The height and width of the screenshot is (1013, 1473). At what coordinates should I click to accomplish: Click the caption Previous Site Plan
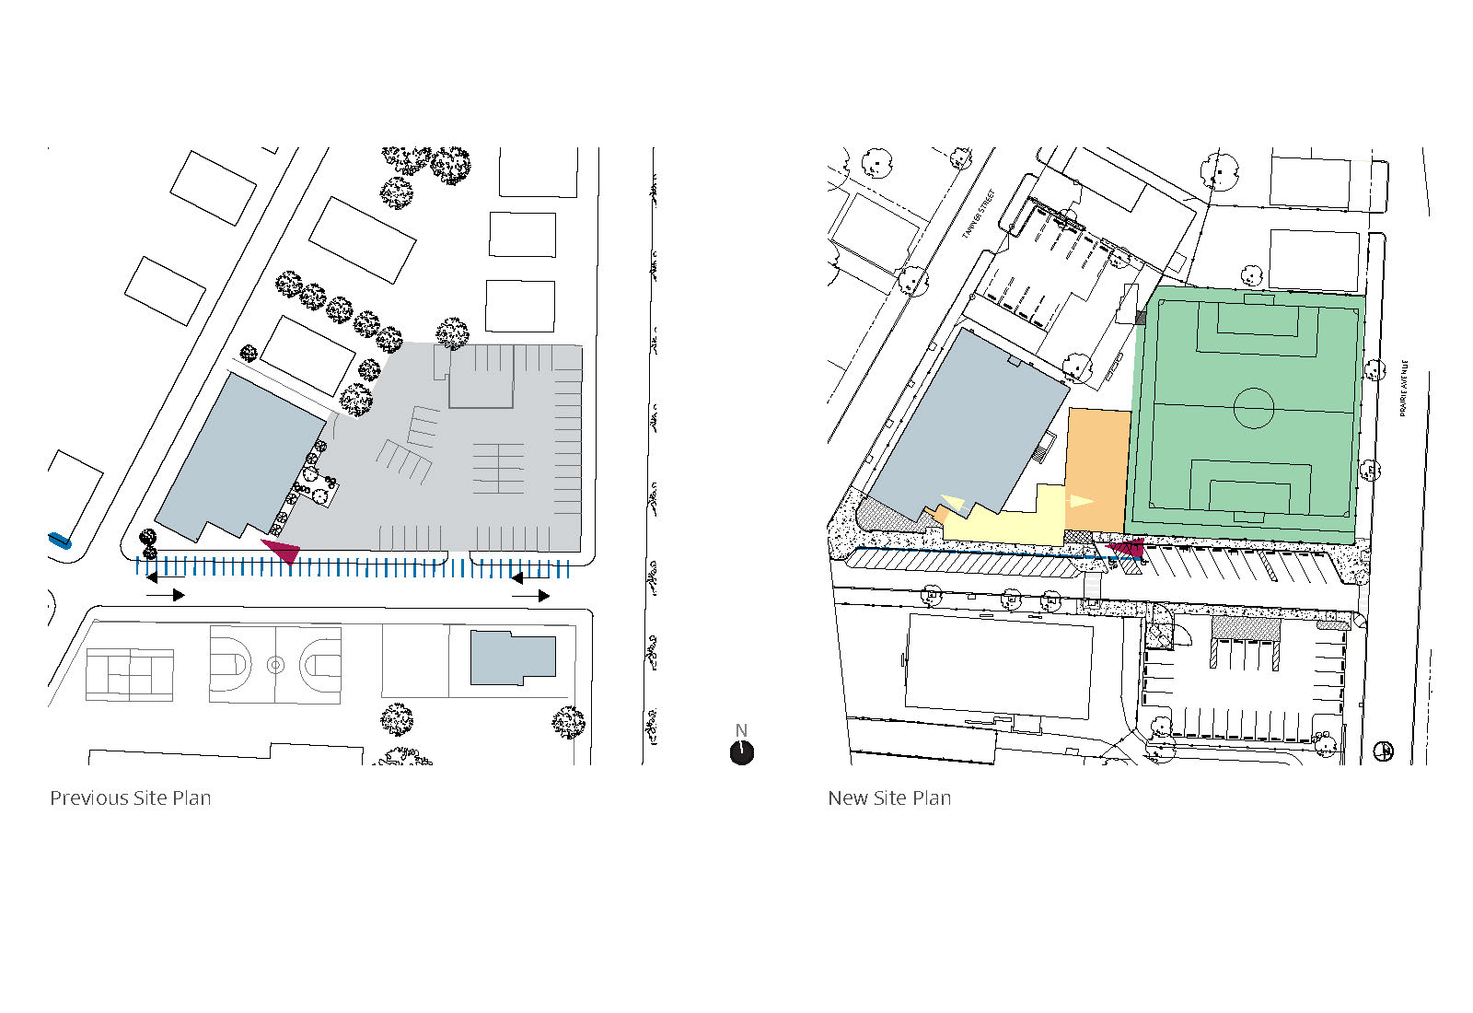130,798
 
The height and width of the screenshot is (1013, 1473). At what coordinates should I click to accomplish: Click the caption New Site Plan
889,798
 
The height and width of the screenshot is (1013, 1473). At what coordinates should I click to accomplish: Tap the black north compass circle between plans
742,752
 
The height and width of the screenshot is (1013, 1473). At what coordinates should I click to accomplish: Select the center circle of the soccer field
1253,407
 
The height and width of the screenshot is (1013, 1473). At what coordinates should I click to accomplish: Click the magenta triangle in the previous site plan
284,551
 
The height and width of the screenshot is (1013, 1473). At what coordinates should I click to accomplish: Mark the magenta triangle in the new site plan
1127,550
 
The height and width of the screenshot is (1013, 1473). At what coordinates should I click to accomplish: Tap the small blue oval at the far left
60,541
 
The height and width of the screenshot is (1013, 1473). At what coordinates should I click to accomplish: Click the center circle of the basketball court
275,664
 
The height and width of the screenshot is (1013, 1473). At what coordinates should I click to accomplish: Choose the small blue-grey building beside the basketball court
512,658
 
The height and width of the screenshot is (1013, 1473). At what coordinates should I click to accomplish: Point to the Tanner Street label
979,215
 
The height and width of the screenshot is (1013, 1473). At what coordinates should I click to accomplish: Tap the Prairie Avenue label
1403,388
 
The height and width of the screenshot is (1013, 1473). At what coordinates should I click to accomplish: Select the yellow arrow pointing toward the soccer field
1080,502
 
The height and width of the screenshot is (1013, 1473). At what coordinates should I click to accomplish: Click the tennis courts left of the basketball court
130,674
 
